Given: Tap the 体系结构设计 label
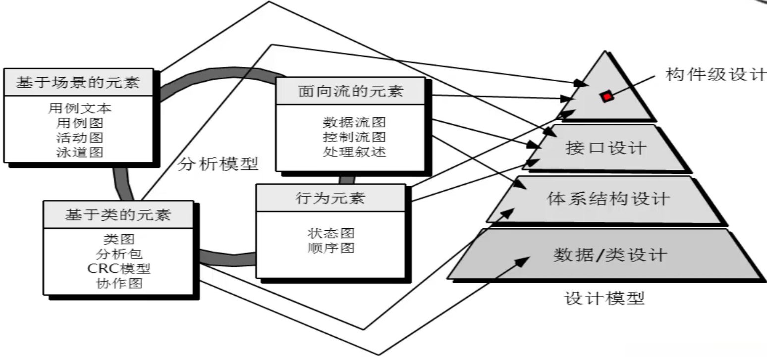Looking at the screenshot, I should (608, 199).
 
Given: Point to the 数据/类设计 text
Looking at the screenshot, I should (609, 255).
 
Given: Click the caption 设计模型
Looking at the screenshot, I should (604, 298).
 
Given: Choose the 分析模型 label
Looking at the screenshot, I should (218, 164).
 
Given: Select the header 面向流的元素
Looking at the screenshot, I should (350, 91).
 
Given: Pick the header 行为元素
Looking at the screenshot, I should (329, 198).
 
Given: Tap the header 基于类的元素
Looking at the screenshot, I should (117, 215).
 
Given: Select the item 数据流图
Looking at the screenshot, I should (354, 122).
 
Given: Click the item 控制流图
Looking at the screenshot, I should (354, 137).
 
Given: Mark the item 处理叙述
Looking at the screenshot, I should (354, 152).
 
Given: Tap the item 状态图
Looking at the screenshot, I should (330, 233).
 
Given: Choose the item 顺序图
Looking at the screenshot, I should (330, 248).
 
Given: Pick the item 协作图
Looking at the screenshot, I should (119, 283).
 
